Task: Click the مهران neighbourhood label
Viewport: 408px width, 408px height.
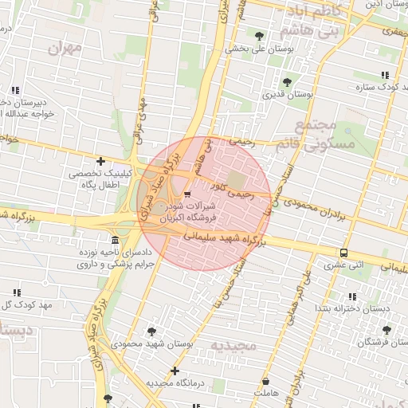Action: (x=65, y=48)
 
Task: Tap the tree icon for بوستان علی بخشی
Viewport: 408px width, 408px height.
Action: (x=259, y=35)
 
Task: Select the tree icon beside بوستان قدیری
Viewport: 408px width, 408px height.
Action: (x=287, y=81)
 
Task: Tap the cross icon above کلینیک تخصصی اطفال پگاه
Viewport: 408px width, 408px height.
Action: (x=100, y=162)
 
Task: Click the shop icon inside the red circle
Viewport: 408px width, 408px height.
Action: (x=187, y=194)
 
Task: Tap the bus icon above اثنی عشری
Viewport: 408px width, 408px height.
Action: (x=343, y=253)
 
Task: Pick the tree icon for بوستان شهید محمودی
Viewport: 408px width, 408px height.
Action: (x=151, y=331)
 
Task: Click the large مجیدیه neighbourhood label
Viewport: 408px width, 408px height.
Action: (x=231, y=345)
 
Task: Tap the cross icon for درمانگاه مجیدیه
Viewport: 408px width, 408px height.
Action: (x=175, y=371)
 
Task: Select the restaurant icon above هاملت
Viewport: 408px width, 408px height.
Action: (x=265, y=382)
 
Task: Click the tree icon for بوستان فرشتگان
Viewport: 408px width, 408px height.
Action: (x=386, y=329)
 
